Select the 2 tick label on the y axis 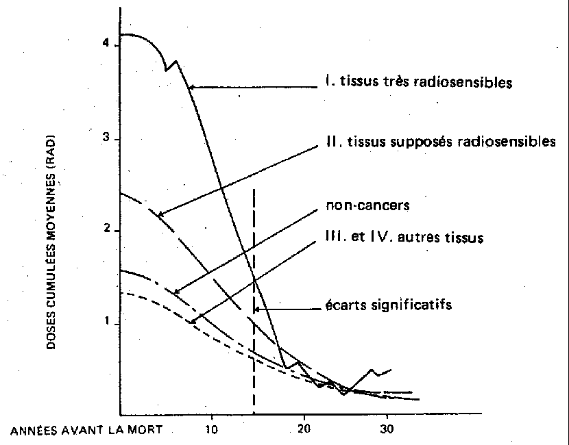106,230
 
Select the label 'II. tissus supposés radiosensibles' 439,142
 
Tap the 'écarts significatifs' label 387,305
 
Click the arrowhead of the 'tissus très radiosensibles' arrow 190,86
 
